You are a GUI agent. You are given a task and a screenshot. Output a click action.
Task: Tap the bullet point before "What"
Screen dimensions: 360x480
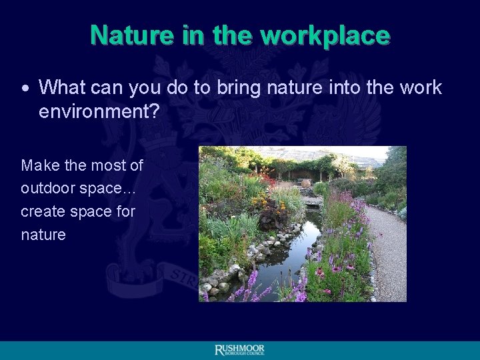coord(25,88)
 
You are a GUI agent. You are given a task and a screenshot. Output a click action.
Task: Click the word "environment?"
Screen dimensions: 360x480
coord(99,111)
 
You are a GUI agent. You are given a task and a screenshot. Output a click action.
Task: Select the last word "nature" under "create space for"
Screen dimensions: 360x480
coord(43,235)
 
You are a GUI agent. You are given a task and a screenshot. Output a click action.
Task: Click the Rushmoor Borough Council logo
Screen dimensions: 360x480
coord(239,351)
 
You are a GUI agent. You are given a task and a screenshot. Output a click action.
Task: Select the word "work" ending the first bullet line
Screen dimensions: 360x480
coord(419,87)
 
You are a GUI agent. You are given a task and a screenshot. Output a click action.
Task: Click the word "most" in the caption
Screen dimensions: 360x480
coord(110,165)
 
